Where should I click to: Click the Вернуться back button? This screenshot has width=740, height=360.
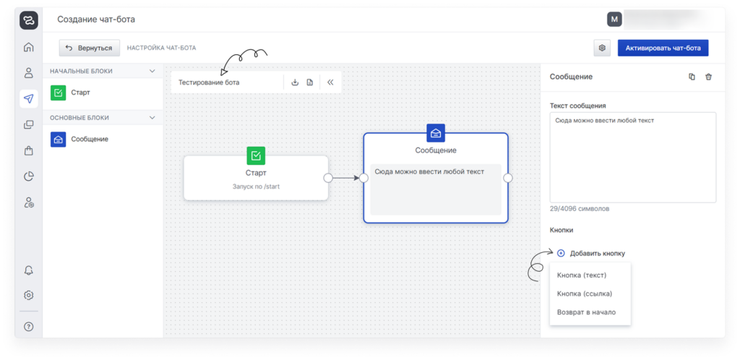(x=90, y=48)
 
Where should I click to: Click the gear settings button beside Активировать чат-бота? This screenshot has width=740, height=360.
(x=601, y=48)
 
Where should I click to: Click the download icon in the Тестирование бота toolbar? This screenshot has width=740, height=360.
(x=295, y=82)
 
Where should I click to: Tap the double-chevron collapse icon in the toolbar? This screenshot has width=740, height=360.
(x=330, y=82)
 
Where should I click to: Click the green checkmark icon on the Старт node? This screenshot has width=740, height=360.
(x=256, y=155)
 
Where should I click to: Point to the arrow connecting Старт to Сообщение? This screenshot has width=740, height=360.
(x=345, y=178)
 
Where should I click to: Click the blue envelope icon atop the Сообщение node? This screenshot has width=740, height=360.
(x=436, y=133)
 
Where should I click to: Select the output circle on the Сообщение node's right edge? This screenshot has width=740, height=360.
(x=508, y=178)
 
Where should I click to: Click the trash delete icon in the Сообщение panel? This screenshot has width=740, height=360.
(x=708, y=77)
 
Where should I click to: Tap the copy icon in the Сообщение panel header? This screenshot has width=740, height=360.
(x=692, y=77)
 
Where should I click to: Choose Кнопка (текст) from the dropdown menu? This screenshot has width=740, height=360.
(x=582, y=275)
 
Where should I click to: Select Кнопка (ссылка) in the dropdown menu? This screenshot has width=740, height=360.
(x=585, y=293)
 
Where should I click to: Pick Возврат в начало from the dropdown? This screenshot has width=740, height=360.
(x=586, y=312)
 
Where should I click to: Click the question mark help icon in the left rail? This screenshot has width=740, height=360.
(x=29, y=327)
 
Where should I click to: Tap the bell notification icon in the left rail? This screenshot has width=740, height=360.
(x=29, y=270)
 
